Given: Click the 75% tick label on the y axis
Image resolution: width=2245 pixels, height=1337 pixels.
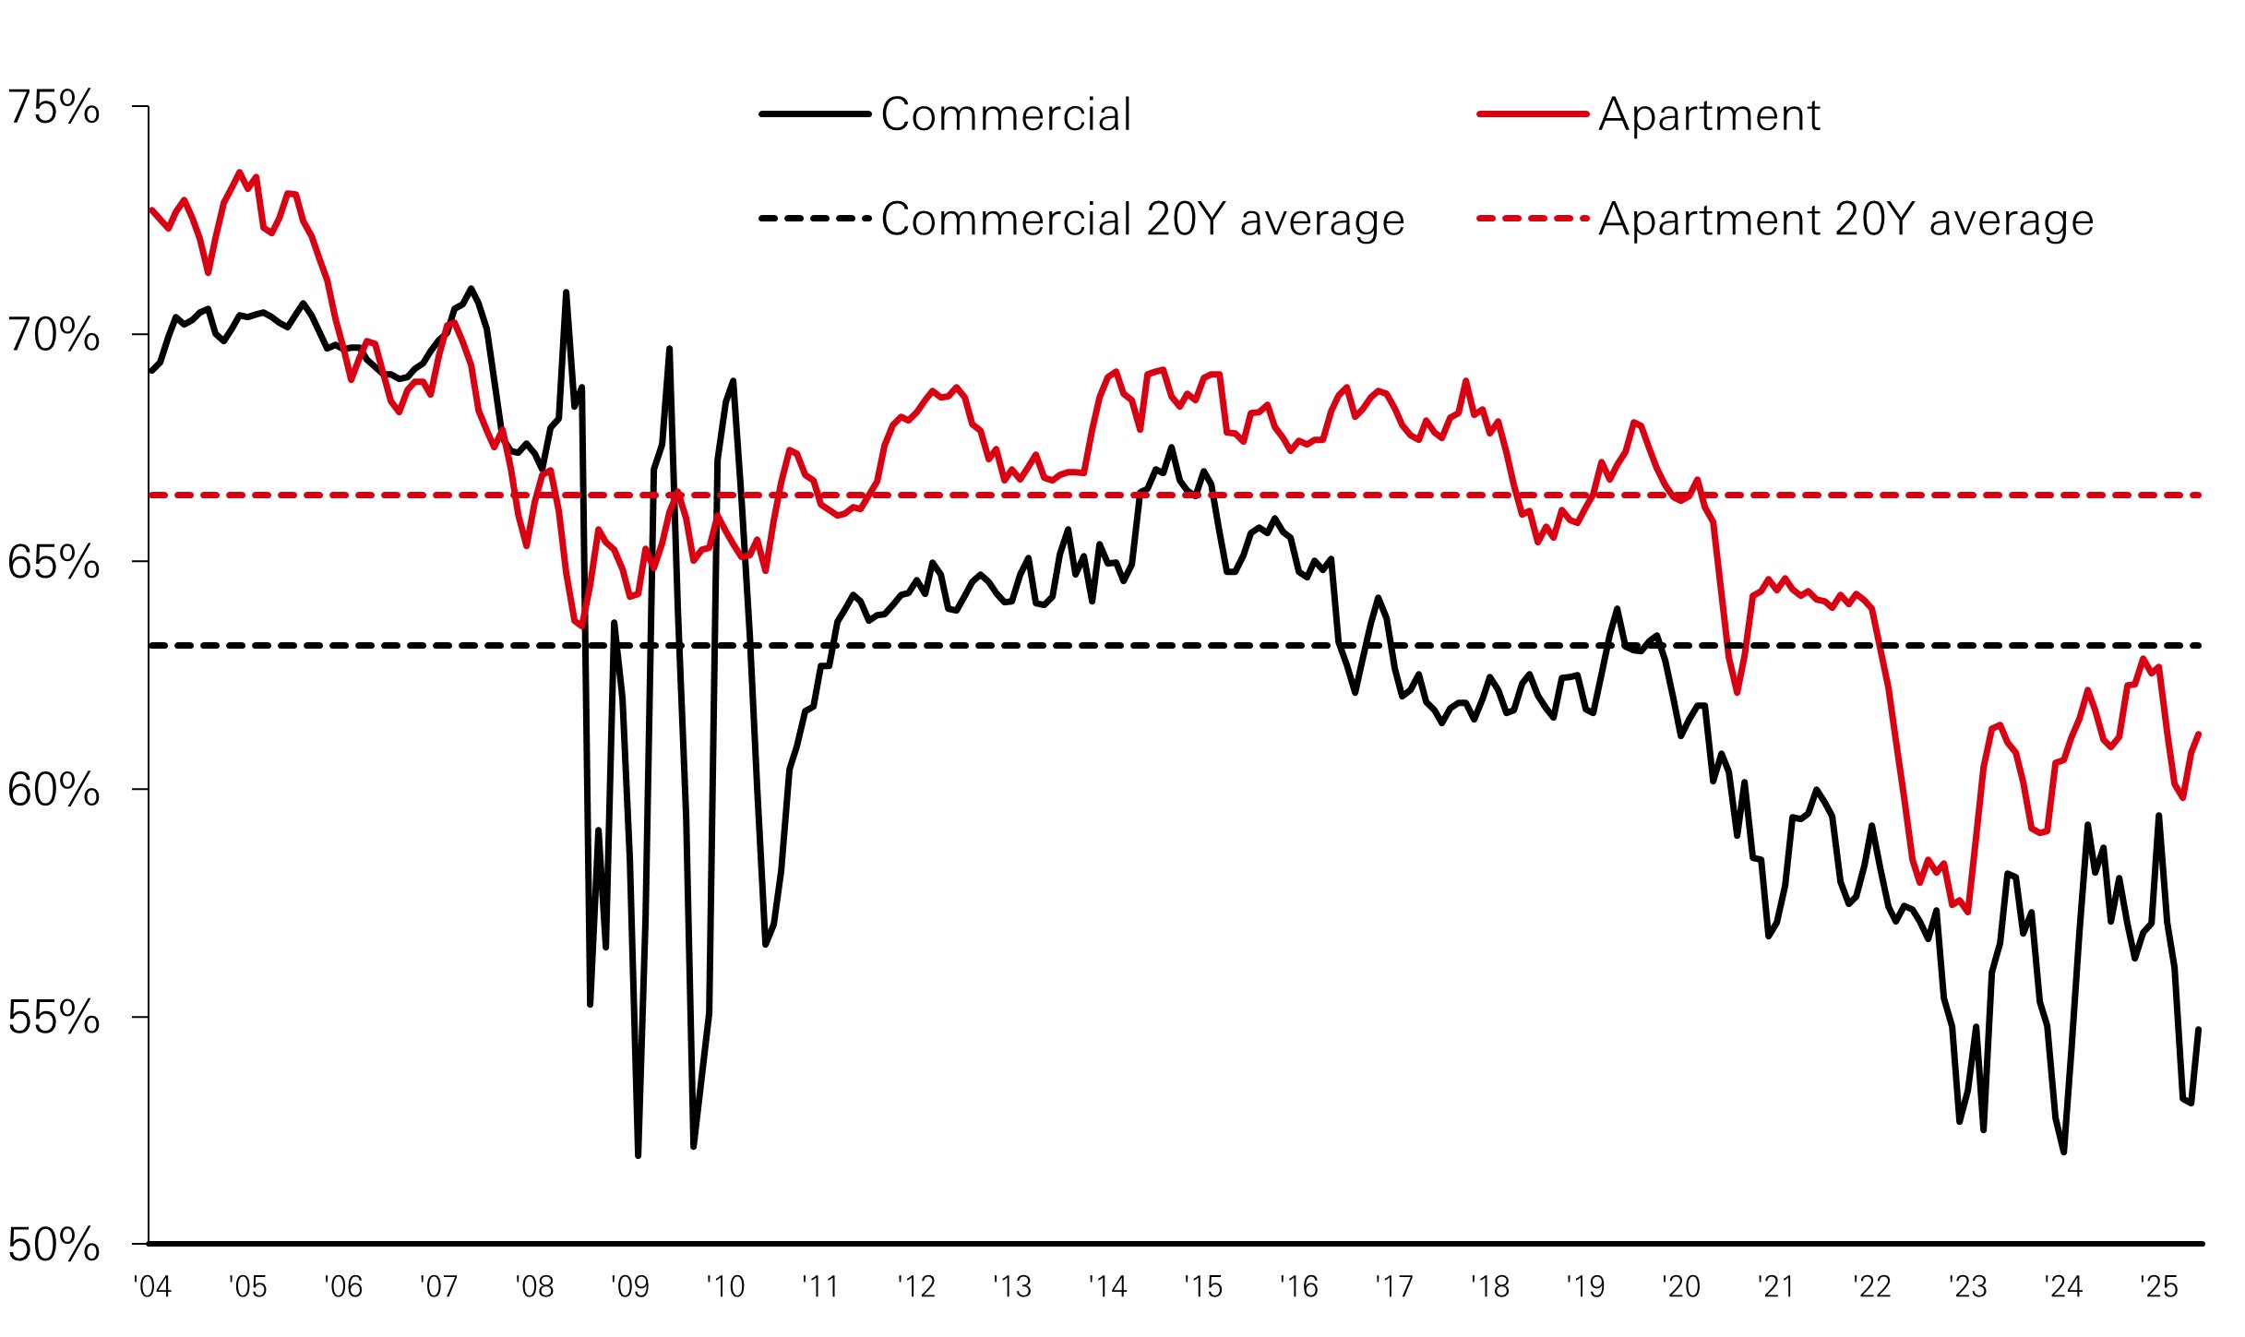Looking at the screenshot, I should [x=54, y=108].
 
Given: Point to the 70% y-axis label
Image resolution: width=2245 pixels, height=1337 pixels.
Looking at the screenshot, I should [x=54, y=335].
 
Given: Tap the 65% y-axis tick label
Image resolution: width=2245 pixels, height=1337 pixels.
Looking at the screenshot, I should [x=54, y=562].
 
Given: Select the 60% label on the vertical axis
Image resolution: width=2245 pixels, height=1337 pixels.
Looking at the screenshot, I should [x=54, y=790].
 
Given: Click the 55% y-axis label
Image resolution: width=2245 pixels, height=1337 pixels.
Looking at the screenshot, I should [x=54, y=1018].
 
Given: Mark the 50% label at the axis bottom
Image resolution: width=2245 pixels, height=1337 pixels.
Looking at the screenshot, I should [x=54, y=1245].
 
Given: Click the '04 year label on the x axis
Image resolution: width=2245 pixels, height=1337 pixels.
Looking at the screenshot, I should [x=152, y=1286].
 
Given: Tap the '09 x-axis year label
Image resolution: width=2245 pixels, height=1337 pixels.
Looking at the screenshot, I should [x=629, y=1286].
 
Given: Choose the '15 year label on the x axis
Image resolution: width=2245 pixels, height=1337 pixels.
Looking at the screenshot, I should [x=1203, y=1286].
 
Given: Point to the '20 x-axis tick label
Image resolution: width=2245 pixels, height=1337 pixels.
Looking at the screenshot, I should [x=1680, y=1286].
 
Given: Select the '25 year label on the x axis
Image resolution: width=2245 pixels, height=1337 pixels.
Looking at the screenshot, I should [x=2158, y=1286].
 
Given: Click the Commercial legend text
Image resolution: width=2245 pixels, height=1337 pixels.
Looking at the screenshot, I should [x=1006, y=115].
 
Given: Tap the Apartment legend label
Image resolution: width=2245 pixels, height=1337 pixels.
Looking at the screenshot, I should [x=1709, y=115].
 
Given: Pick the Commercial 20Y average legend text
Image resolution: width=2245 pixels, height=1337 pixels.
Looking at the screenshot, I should [x=1142, y=220].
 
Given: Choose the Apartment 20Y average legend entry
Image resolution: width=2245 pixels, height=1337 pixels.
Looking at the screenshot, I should [x=1845, y=220].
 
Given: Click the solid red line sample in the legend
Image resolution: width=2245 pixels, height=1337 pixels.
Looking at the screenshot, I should [x=1533, y=114].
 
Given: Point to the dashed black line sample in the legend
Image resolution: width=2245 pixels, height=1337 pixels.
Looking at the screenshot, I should [x=815, y=219].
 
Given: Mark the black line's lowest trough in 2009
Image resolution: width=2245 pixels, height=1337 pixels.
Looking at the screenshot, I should [x=638, y=1154].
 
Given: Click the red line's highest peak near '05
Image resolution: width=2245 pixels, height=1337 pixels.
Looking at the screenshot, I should [x=240, y=173].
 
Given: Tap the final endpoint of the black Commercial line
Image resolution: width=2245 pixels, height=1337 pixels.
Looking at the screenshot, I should [x=2199, y=1030].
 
